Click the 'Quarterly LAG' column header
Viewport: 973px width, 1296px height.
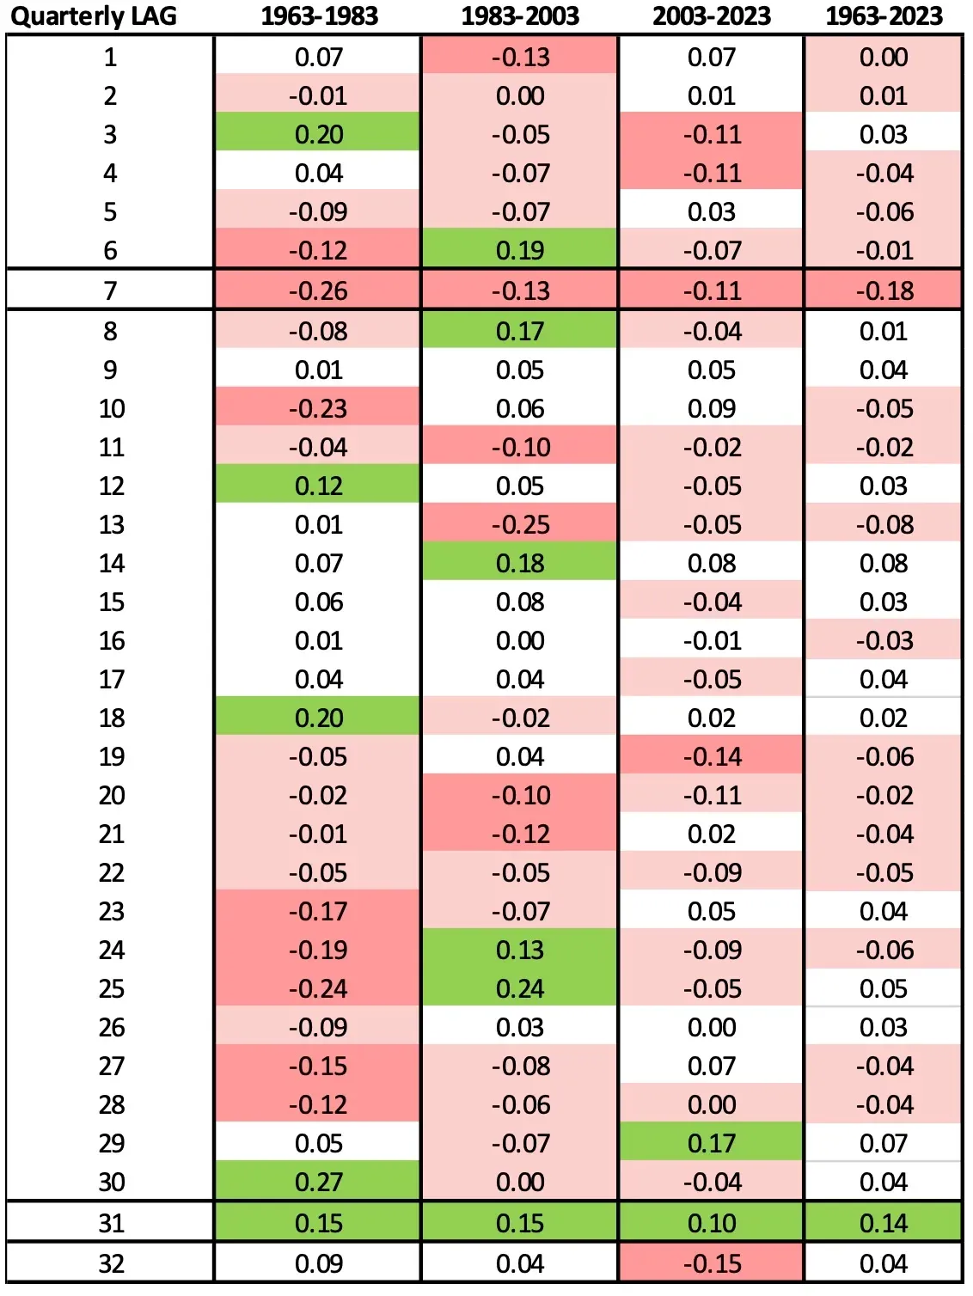[x=93, y=15]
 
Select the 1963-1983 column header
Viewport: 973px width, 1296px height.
[x=319, y=15]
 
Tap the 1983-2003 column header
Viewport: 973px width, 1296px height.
[x=520, y=15]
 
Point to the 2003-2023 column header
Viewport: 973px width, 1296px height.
[x=712, y=15]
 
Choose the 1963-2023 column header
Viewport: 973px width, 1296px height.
[x=884, y=15]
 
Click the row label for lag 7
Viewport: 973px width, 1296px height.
[x=110, y=290]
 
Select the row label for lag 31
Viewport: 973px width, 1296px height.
[x=111, y=1223]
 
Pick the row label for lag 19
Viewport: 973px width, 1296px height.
[x=111, y=756]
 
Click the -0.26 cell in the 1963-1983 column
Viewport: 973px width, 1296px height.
[x=318, y=290]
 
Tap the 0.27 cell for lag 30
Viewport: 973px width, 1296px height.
[x=318, y=1182]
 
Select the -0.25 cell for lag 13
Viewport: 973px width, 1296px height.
[x=520, y=524]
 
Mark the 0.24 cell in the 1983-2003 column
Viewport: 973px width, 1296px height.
[x=520, y=988]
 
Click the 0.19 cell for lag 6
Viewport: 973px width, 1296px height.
[x=520, y=250]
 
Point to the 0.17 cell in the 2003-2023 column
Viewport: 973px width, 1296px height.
[x=712, y=1143]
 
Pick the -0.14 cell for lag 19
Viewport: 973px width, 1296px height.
[x=712, y=756]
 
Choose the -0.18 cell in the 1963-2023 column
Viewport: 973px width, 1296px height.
[x=884, y=290]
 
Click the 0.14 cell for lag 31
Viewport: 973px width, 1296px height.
[x=884, y=1223]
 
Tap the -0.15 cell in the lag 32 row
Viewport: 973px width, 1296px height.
[x=712, y=1263]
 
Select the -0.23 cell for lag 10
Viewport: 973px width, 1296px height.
[x=318, y=408]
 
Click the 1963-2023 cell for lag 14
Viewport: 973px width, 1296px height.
[x=884, y=563]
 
